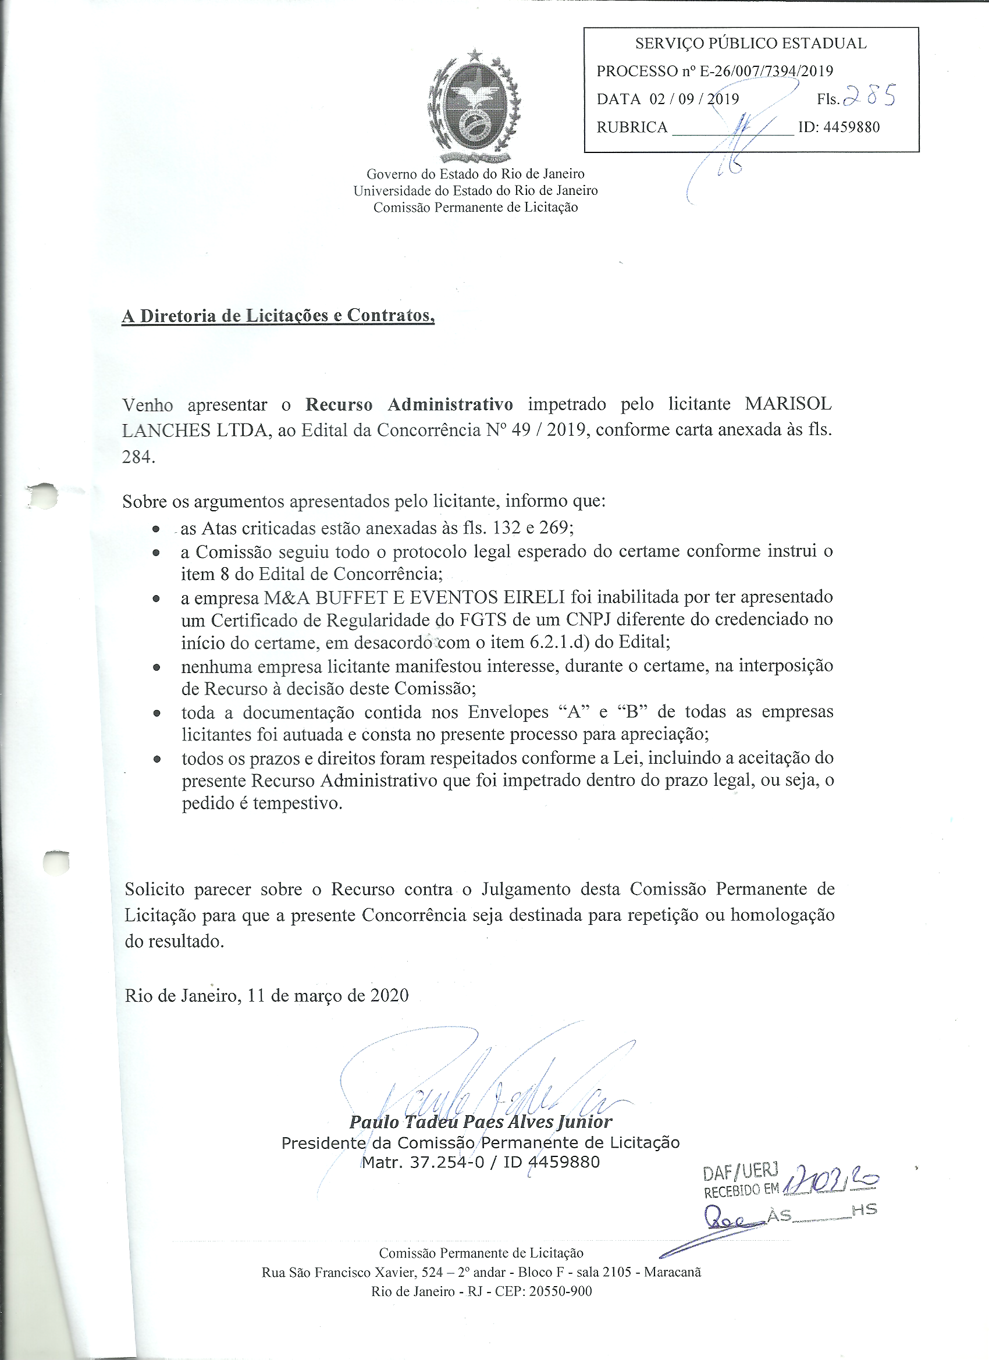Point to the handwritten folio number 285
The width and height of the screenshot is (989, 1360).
pyautogui.click(x=869, y=96)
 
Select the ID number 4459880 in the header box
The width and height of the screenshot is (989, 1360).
pyautogui.click(x=851, y=127)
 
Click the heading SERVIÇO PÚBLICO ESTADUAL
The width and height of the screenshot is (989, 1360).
pyautogui.click(x=750, y=44)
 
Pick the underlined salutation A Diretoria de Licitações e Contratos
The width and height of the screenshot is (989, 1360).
pyautogui.click(x=278, y=316)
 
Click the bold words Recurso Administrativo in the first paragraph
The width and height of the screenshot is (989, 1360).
pyautogui.click(x=409, y=404)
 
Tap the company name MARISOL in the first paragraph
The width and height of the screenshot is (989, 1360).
pyautogui.click(x=788, y=404)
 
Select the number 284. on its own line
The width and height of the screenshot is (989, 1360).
pyautogui.click(x=138, y=457)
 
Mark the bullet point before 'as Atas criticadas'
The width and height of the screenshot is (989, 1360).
pyautogui.click(x=156, y=529)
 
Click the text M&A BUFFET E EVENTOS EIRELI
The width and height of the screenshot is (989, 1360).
pyautogui.click(x=414, y=597)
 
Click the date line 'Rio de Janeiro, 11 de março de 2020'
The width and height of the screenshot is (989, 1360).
pyautogui.click(x=266, y=996)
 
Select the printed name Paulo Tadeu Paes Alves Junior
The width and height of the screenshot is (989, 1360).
pyautogui.click(x=481, y=1122)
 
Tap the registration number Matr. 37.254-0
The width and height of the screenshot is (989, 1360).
pyautogui.click(x=422, y=1163)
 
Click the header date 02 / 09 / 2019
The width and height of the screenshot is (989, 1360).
pyautogui.click(x=694, y=99)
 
